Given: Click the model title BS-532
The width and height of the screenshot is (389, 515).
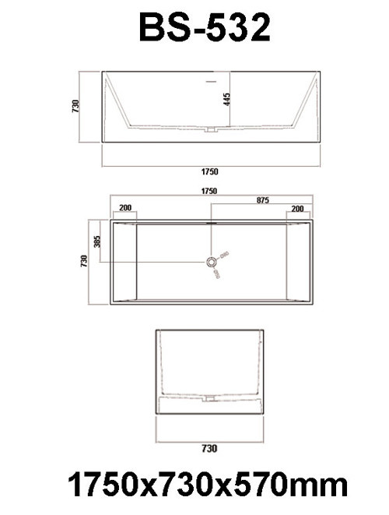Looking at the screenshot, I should coord(205,29).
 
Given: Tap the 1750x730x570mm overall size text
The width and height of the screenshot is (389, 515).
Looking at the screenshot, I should coord(207,485).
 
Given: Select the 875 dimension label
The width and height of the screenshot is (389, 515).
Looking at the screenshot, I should coord(262,201).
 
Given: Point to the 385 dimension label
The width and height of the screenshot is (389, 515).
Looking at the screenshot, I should coord(98,242).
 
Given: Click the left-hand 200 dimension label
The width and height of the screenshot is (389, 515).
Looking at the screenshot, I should coord(124,210).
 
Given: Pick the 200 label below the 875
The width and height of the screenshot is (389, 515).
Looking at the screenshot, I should coord(296,210).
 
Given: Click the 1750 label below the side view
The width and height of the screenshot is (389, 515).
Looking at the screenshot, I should coord(209,171).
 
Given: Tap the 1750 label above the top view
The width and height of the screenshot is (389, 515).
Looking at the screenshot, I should coord(209,190).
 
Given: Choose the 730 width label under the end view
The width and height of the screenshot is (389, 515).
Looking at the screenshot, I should coord(209,448).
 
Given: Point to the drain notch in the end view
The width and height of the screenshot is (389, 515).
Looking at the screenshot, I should coord(209,397).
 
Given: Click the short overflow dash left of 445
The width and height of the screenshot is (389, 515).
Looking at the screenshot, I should coord(210,79).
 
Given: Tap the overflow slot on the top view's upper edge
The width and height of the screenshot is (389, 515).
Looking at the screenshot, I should coord(210,220).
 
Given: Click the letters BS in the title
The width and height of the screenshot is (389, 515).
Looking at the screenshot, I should coord(163,29).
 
